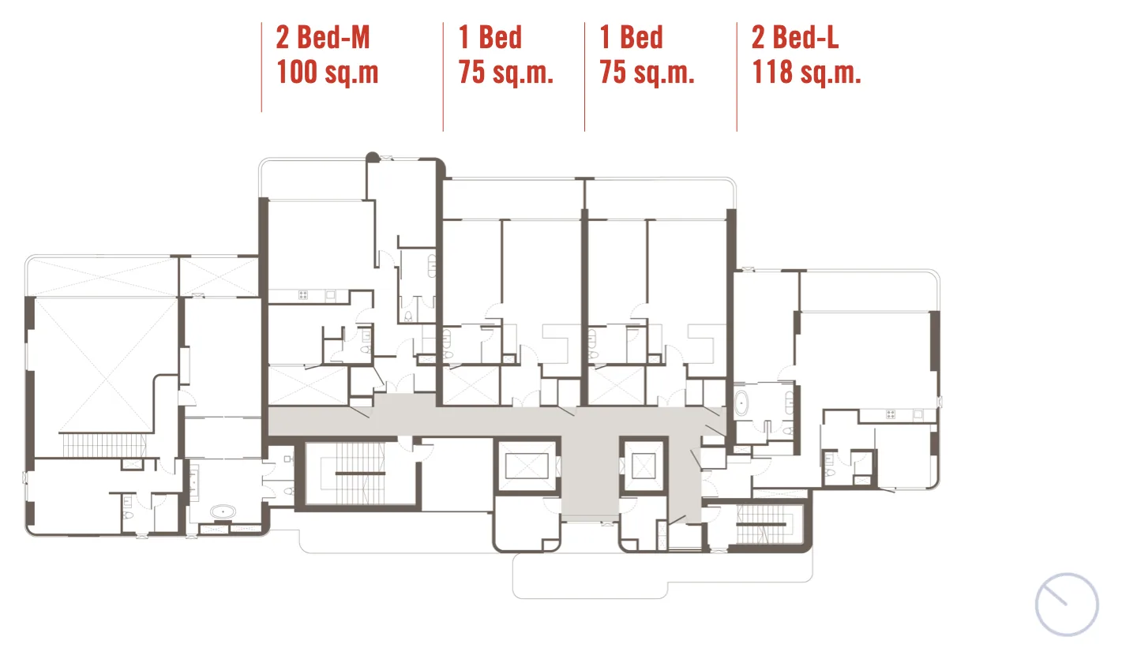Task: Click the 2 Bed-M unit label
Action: pyautogui.click(x=323, y=37)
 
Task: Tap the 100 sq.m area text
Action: pyautogui.click(x=327, y=72)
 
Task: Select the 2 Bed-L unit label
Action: pyautogui.click(x=795, y=37)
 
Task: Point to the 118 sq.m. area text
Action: pyautogui.click(x=806, y=72)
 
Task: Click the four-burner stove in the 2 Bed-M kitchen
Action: pyautogui.click(x=303, y=295)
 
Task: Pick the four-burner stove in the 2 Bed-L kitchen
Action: pyautogui.click(x=891, y=414)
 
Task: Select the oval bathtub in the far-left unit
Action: pyautogui.click(x=223, y=511)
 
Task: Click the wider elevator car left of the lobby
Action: pyautogui.click(x=527, y=466)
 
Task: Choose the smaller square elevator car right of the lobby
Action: pyautogui.click(x=644, y=466)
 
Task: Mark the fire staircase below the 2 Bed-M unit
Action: pyautogui.click(x=360, y=474)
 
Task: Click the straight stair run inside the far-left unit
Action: pyautogui.click(x=103, y=445)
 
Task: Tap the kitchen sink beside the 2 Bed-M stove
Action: pyautogui.click(x=330, y=295)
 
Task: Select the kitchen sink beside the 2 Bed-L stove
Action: pyautogui.click(x=917, y=414)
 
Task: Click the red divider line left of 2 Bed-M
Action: pyautogui.click(x=261, y=67)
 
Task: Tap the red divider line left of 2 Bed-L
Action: pyautogui.click(x=737, y=77)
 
